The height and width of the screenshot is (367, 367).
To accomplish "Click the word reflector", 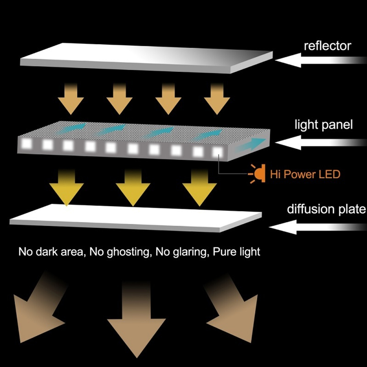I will tap(327, 46).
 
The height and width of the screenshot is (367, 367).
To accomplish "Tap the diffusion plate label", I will tap(326, 209).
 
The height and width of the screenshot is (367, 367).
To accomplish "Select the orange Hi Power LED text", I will tap(305, 174).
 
